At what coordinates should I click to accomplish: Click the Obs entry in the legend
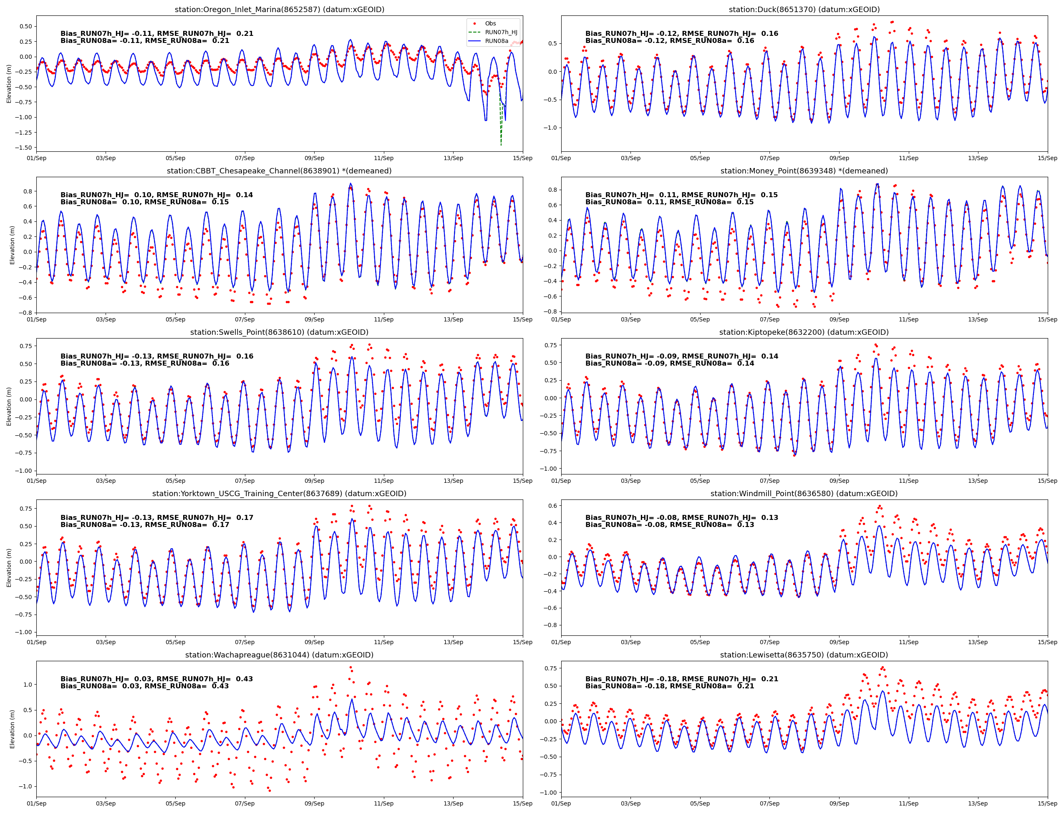(490, 23)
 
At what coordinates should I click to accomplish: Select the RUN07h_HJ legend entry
(501, 32)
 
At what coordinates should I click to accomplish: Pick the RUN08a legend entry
(497, 41)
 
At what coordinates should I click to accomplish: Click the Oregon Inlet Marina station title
(280, 10)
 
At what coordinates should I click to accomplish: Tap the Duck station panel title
(804, 10)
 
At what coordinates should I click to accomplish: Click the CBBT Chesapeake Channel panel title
(280, 171)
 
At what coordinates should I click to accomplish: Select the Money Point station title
(804, 171)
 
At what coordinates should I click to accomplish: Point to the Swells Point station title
(280, 332)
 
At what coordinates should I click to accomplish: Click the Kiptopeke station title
(804, 332)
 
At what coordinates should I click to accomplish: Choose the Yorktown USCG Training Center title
(280, 494)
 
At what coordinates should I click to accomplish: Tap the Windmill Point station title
(804, 494)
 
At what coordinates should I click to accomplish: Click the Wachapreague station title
(280, 655)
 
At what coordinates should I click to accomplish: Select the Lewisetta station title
(804, 655)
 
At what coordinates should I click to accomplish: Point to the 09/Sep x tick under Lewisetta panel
(839, 803)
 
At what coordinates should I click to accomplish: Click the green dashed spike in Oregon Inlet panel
(501, 130)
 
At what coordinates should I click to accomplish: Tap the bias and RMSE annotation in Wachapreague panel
(156, 683)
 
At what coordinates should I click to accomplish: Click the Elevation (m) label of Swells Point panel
(9, 406)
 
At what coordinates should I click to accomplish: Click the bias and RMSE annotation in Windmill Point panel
(681, 521)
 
